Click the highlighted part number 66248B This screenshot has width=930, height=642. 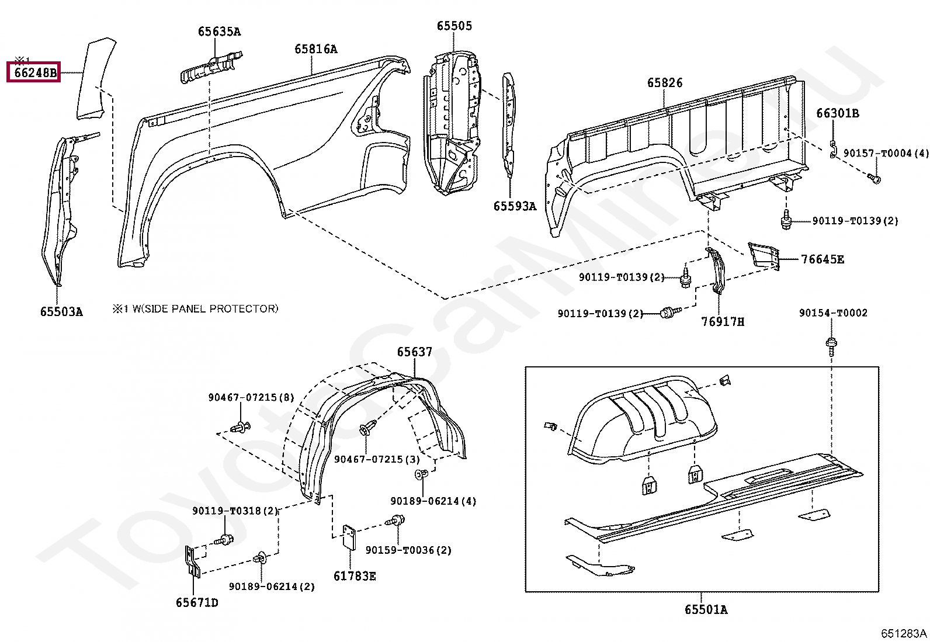(35, 72)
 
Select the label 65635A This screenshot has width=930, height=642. (219, 32)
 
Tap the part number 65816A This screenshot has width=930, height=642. (315, 49)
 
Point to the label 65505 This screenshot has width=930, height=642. (454, 26)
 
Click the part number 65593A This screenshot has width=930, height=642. (514, 206)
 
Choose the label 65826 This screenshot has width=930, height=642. (665, 83)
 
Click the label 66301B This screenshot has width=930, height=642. (837, 113)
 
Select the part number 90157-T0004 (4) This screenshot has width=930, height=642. (886, 153)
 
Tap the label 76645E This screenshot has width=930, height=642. (822, 259)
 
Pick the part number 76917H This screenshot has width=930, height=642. (723, 322)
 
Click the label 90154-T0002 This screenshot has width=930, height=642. (833, 313)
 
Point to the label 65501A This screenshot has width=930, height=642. (706, 610)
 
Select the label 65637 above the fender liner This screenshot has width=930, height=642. (414, 352)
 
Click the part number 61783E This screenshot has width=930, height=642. (355, 577)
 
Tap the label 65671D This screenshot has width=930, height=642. (197, 603)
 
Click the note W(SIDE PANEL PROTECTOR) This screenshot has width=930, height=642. (204, 308)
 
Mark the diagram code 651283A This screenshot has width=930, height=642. (903, 633)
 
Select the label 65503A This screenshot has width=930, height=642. (61, 312)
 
